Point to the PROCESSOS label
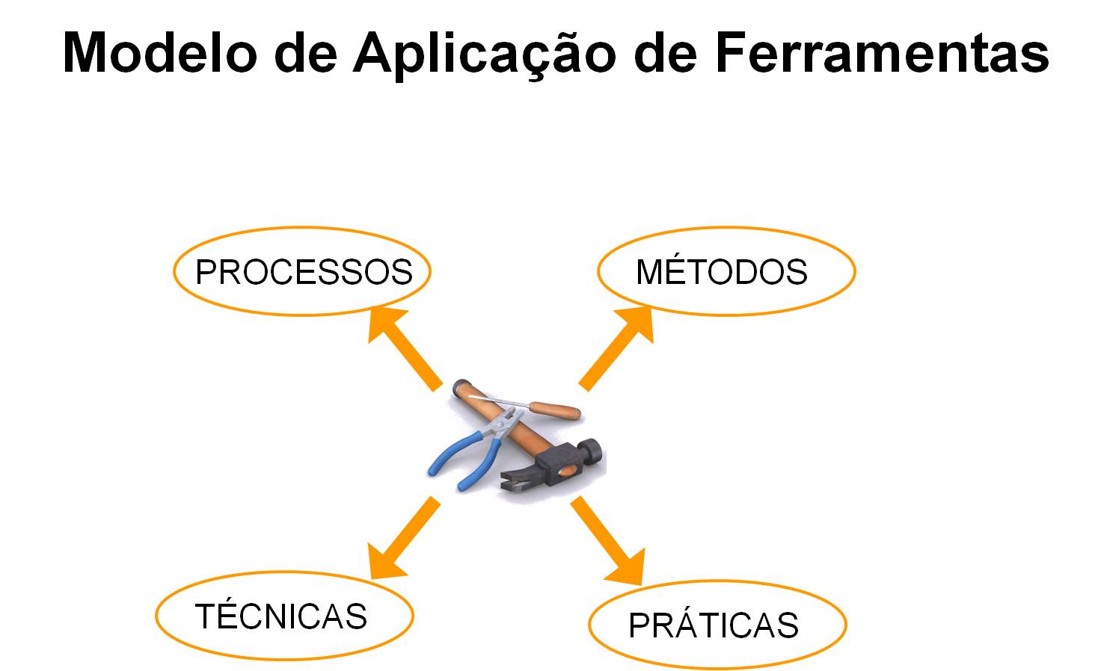304,272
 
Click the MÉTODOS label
722,272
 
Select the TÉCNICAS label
281,616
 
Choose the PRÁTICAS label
714,625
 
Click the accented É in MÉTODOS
676,272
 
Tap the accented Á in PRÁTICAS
685,625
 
